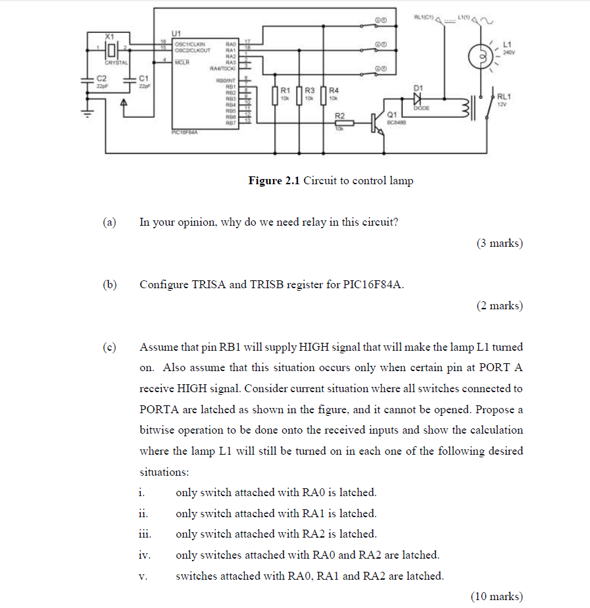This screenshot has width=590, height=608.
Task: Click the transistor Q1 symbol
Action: tap(376, 122)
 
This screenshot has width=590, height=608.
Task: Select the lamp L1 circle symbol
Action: tap(480, 55)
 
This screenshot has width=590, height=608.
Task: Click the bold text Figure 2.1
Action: tap(273, 181)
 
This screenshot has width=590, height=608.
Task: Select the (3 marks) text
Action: tap(499, 243)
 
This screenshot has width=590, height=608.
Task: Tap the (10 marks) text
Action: tap(497, 596)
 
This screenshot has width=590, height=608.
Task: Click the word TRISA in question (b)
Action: tap(208, 285)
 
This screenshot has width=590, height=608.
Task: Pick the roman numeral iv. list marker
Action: tap(145, 555)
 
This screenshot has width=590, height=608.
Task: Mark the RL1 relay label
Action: tap(504, 97)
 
